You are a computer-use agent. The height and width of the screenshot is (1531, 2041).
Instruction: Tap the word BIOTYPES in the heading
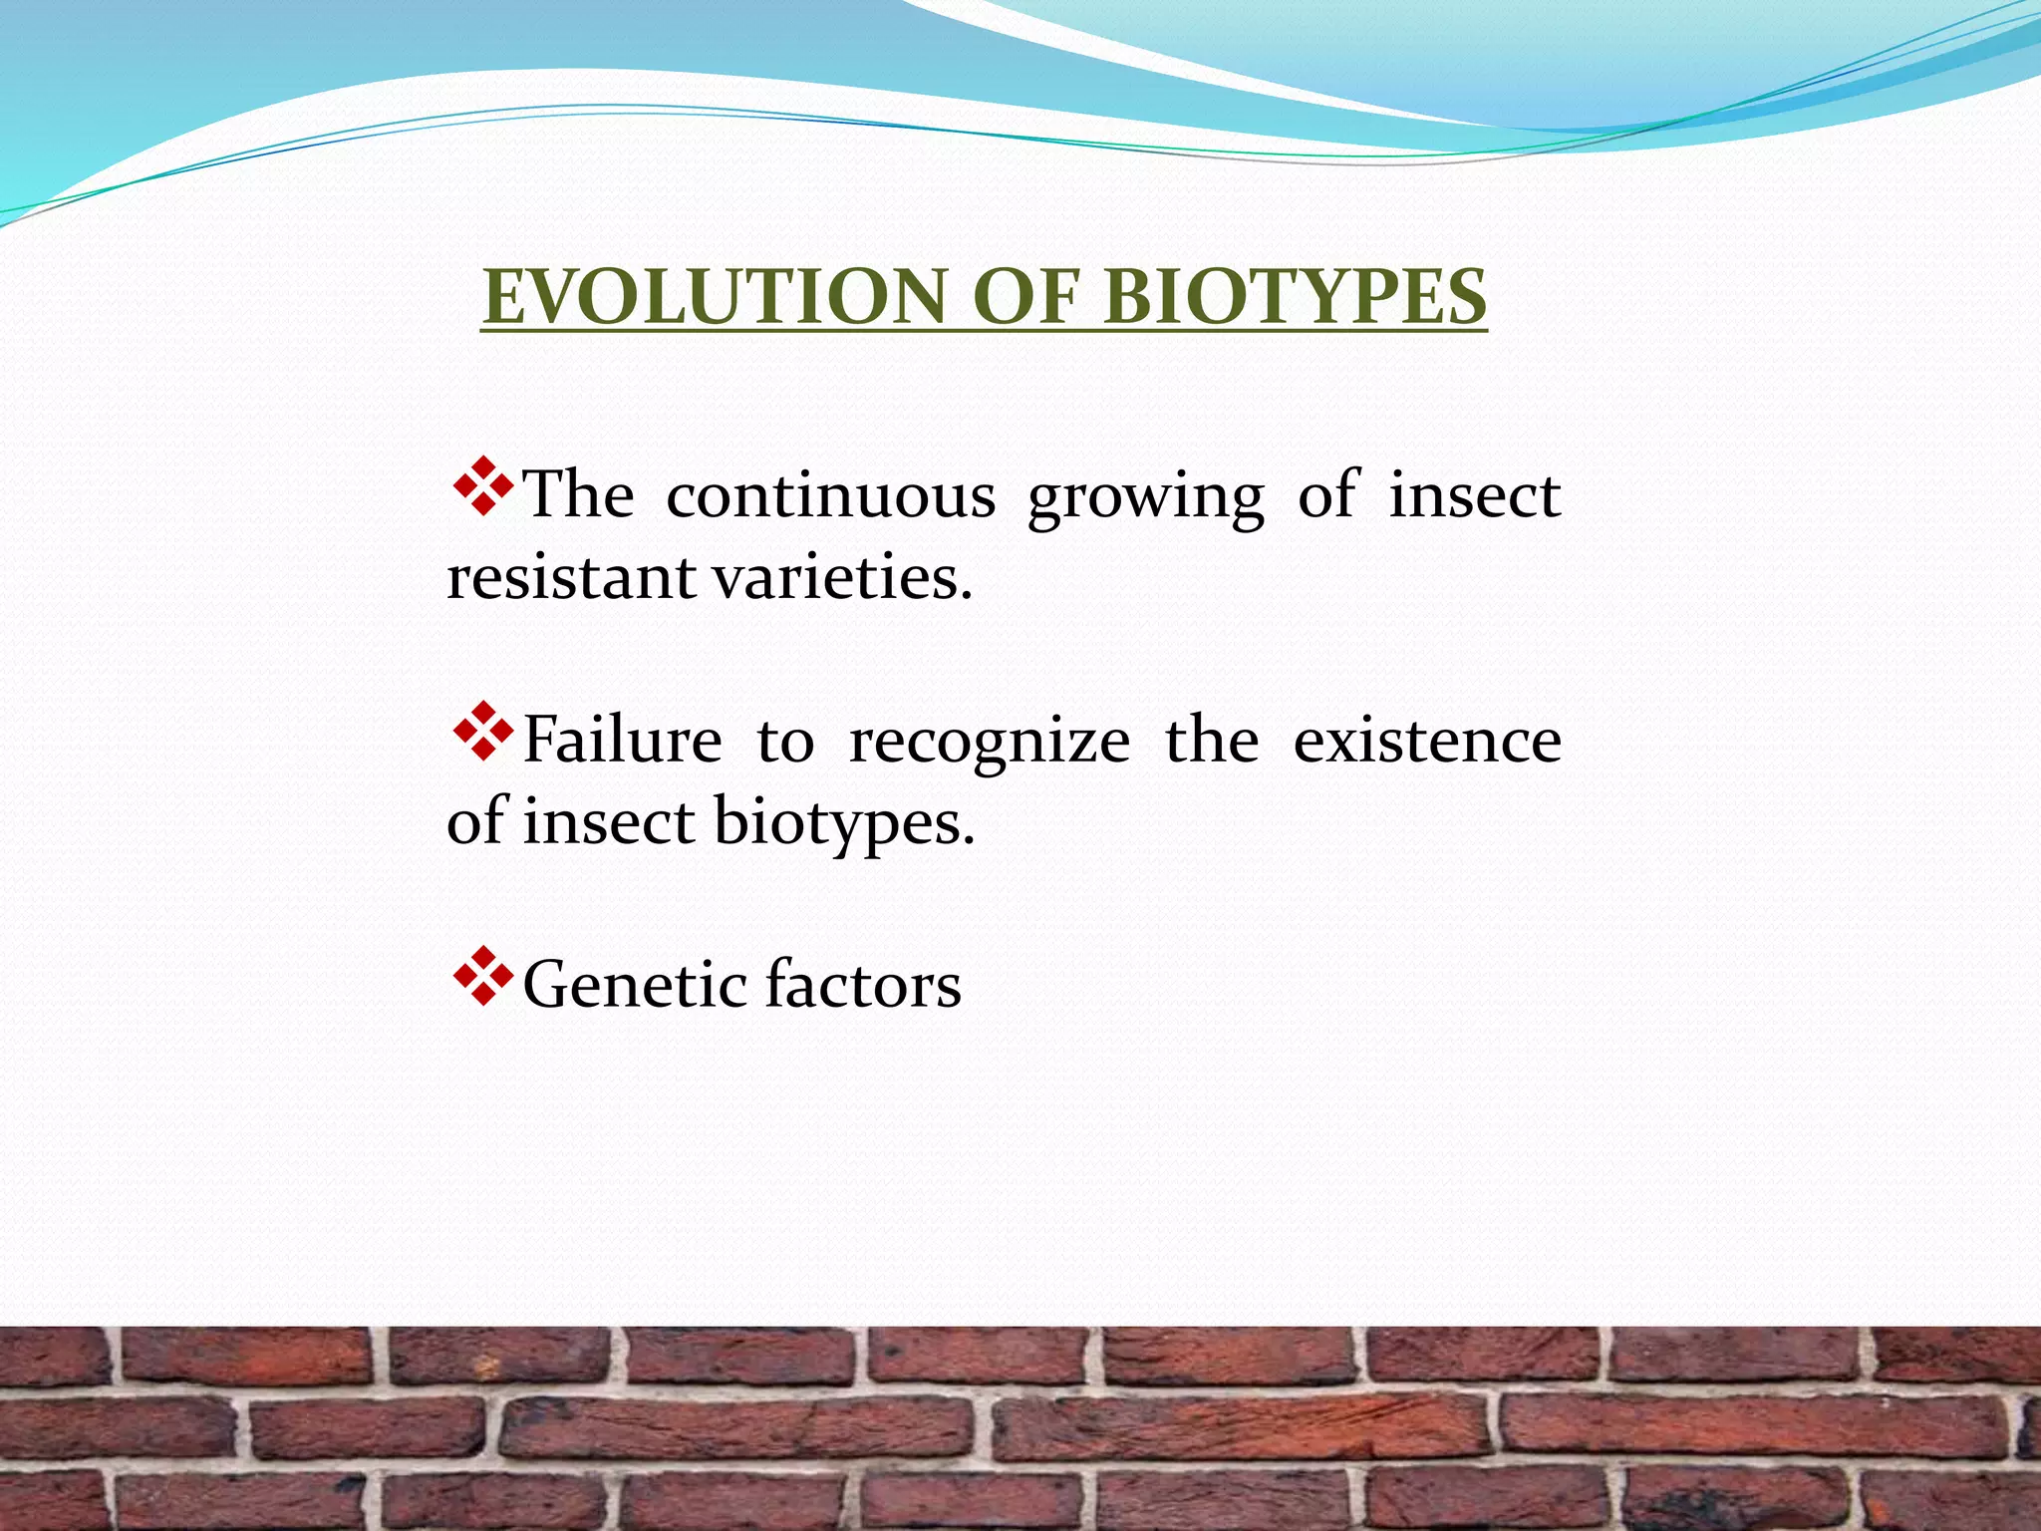coord(1295,297)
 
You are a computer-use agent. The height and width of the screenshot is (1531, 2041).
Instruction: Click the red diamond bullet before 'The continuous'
coord(483,486)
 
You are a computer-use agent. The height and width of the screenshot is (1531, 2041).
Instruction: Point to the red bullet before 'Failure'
coord(483,732)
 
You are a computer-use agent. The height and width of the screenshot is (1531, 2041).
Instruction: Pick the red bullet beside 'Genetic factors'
coord(483,976)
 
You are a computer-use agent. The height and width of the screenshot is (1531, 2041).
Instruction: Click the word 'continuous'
coord(830,495)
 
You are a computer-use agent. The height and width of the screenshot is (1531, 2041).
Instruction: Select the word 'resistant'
coord(570,578)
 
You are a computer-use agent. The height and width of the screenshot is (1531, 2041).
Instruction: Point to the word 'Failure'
coord(622,741)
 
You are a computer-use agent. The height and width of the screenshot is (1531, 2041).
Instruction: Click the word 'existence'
coord(1426,741)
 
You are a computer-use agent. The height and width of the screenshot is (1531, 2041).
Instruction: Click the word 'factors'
coord(864,985)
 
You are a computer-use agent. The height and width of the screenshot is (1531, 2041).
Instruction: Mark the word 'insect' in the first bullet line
coord(1474,495)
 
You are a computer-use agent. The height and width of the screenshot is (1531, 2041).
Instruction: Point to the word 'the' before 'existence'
coord(1211,741)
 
